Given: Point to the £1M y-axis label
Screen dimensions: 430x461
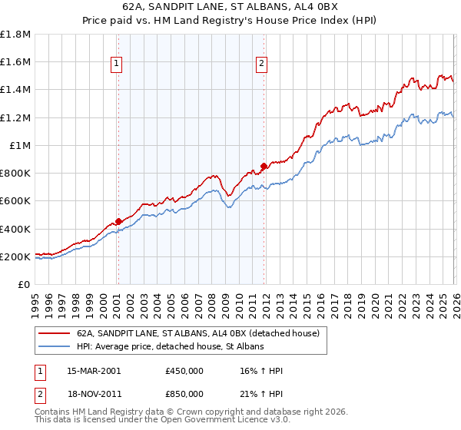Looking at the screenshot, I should tap(21, 146).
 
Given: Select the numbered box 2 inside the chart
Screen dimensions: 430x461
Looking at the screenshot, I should tap(262, 64).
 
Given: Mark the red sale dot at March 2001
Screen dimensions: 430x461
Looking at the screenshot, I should tap(118, 222).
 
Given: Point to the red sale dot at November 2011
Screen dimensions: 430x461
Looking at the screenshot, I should tap(264, 166).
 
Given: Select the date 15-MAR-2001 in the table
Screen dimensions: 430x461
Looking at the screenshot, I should tap(94, 371).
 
